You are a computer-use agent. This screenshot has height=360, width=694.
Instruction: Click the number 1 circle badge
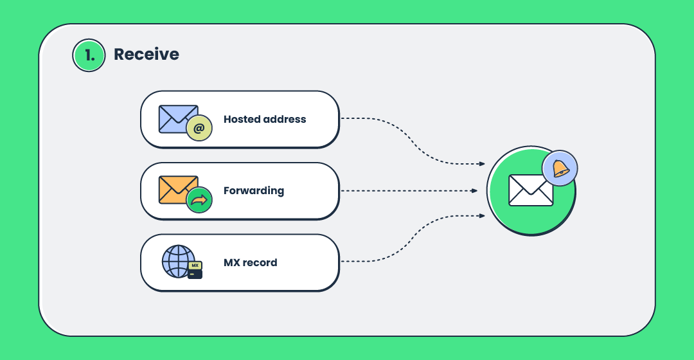point(89,55)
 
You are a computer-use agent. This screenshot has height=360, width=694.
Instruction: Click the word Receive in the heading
point(147,54)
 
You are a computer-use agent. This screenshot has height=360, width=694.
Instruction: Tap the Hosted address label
point(265,119)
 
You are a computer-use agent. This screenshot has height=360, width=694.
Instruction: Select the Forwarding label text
point(254,191)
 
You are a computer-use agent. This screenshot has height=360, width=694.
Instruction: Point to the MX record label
point(251,262)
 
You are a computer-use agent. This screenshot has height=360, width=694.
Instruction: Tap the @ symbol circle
point(199,129)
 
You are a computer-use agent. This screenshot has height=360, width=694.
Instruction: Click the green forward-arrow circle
point(199,200)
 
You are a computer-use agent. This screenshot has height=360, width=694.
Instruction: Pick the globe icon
point(178,261)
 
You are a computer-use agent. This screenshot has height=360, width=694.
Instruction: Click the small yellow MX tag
point(195,265)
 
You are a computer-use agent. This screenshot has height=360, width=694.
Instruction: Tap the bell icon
point(560,168)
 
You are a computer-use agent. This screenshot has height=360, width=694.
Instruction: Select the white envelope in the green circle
point(531,190)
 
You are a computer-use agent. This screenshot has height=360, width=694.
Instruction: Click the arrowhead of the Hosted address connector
point(482,164)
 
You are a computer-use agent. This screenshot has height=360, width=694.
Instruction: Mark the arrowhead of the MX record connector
point(482,215)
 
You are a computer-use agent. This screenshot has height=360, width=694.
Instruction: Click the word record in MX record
point(260,262)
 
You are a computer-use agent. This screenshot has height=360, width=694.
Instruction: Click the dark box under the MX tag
point(195,274)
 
